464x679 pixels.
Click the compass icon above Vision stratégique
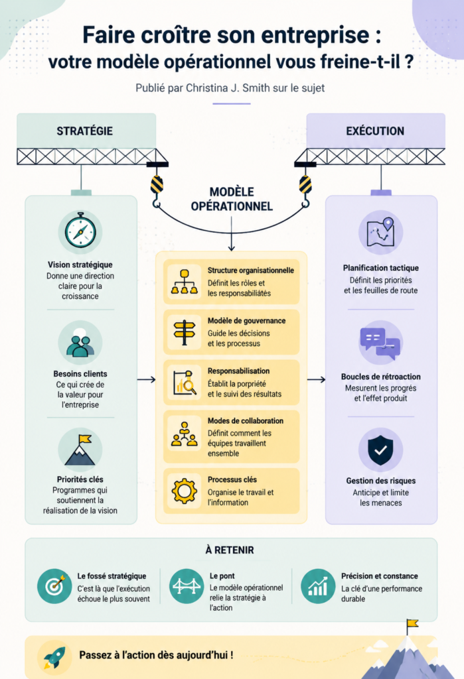coord(80,231)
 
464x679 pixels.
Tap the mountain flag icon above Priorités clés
coord(80,450)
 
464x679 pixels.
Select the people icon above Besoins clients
coord(80,343)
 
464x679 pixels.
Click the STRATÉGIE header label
coord(84,131)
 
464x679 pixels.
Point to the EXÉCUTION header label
coord(375,131)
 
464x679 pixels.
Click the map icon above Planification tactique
coord(380,231)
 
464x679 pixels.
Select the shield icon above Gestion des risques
coord(380,450)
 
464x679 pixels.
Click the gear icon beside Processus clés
coord(185,491)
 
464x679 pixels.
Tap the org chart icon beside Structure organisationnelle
coord(185,282)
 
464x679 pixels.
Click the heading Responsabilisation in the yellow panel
coord(238,371)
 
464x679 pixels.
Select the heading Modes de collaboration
coord(246,420)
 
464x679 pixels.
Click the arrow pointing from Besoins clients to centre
coord(146,380)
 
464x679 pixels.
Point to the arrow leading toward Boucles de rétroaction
coord(316,380)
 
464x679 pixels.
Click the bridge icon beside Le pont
coord(187,586)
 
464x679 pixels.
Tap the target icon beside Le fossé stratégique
coord(54,586)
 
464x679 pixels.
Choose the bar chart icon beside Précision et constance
coord(318,586)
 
